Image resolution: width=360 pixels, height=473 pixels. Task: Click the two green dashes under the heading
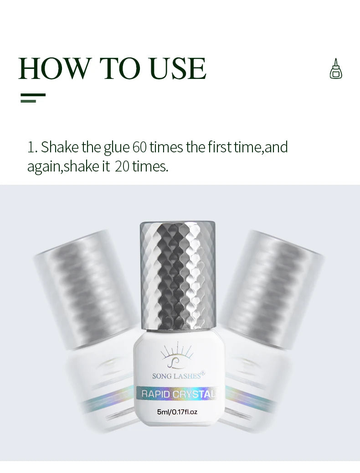[x=33, y=98]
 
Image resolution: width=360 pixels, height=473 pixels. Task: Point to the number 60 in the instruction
[x=139, y=147]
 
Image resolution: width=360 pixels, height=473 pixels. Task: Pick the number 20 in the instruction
[x=122, y=166]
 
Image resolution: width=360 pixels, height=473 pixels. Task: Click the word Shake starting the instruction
[x=60, y=147]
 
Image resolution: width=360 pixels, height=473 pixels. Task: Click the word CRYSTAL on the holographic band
[x=197, y=394]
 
